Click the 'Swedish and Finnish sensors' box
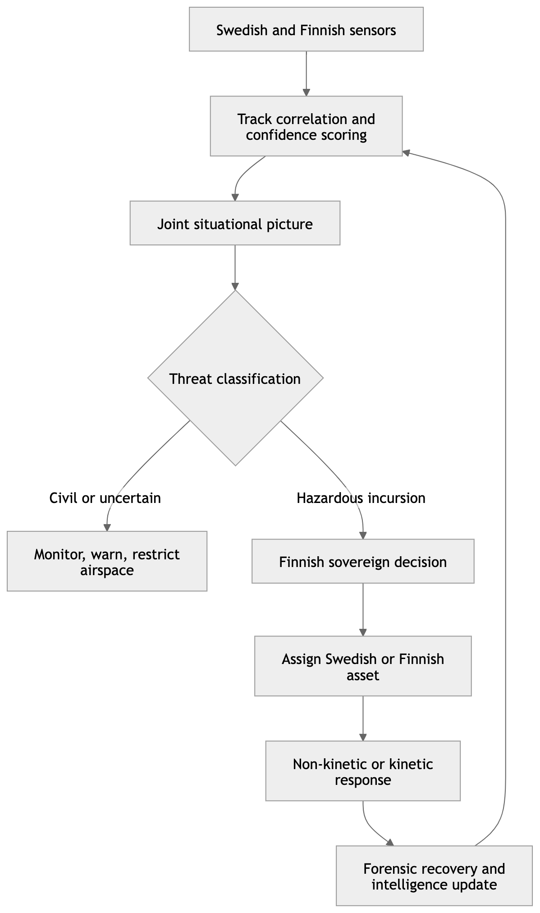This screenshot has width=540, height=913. coord(306,29)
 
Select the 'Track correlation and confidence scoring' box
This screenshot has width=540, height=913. coord(306,126)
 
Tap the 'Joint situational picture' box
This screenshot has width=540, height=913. coord(235,223)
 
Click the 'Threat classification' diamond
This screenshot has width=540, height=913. coord(235,378)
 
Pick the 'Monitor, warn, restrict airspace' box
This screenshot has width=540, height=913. coord(107,561)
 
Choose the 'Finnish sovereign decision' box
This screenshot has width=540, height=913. coord(363,561)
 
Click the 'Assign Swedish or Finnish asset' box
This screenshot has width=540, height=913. coord(363,666)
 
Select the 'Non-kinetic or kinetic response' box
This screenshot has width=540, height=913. coord(363,771)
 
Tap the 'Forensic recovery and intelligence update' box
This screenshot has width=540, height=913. coord(434,876)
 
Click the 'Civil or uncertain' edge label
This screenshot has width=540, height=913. coord(105,498)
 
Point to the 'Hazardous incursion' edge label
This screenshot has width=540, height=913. coord(361,498)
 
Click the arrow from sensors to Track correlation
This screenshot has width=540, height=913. coord(307,74)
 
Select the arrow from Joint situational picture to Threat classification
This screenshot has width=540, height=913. coord(235,267)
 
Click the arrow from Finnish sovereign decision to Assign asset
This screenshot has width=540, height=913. coord(363,609)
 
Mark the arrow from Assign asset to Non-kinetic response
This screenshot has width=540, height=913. coord(363,718)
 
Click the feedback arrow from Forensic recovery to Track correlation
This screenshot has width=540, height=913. coord(505,496)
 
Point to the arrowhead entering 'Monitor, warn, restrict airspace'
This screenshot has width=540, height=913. coord(107,528)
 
